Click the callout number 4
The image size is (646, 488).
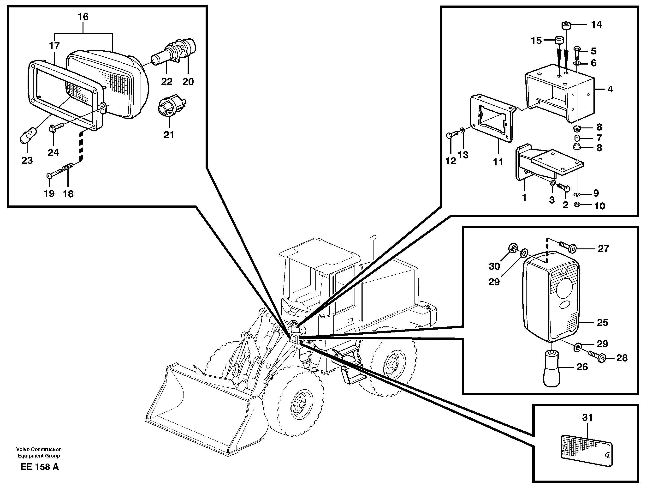610,89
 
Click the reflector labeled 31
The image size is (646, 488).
587,455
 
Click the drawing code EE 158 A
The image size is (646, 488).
40,467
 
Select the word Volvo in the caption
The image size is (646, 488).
23,449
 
